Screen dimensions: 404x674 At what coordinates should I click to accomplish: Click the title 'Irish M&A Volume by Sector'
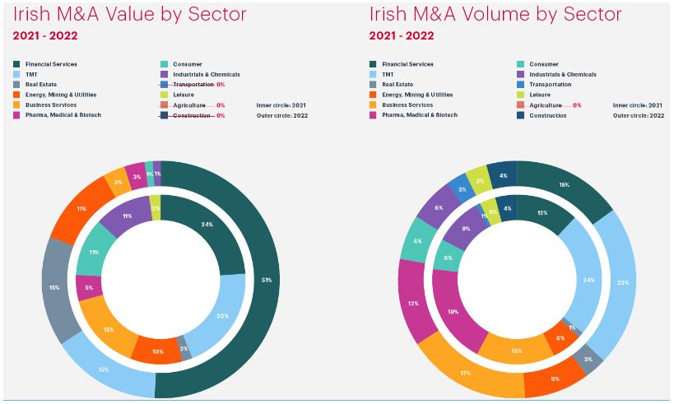click(495, 15)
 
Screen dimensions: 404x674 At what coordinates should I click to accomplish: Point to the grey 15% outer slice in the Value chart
click(54, 288)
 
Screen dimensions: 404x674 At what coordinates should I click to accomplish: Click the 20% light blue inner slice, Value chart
click(222, 315)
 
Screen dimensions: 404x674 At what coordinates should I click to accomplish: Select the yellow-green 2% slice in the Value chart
click(156, 208)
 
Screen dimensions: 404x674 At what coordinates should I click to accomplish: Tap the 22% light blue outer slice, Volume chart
click(621, 285)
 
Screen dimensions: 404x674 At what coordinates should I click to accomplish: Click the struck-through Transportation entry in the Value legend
click(194, 85)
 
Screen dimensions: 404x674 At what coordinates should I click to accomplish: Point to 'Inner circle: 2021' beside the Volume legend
click(638, 105)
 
